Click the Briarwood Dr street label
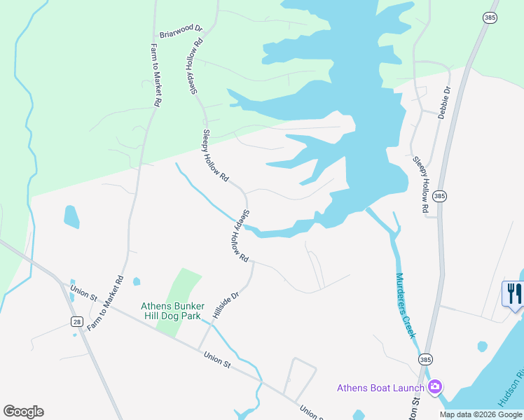coord(180,31)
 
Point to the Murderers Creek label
coord(406,305)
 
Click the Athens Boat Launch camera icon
coord(435,387)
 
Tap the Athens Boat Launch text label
coord(380,388)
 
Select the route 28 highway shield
coord(76,321)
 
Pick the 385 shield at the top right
coord(489,16)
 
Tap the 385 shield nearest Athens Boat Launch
coord(425,359)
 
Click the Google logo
coord(23,412)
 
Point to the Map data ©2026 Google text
coord(481,414)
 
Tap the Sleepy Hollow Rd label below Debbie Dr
coord(420,184)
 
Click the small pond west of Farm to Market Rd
coord(71,217)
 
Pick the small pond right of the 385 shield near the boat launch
coord(481,346)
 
